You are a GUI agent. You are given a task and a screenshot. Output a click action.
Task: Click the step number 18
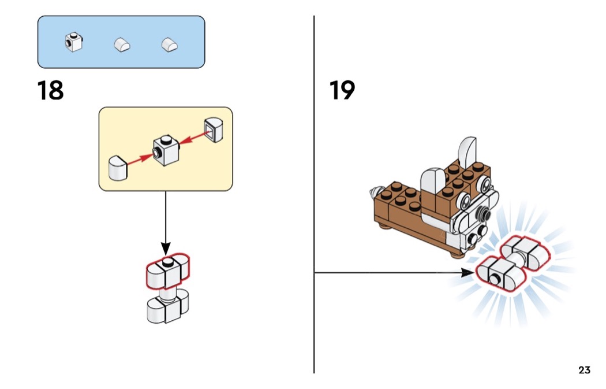pyautogui.click(x=51, y=91)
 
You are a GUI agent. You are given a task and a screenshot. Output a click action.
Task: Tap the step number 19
pyautogui.click(x=342, y=91)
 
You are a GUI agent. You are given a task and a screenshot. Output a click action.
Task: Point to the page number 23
pyautogui.click(x=584, y=370)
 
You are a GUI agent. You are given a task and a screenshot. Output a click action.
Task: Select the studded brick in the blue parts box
pyautogui.click(x=73, y=43)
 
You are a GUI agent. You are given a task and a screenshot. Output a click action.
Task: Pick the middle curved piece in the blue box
pyautogui.click(x=122, y=45)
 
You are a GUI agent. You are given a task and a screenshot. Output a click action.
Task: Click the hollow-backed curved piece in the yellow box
pyautogui.click(x=213, y=131)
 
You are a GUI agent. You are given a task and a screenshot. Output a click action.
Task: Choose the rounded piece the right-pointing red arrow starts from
pyautogui.click(x=118, y=168)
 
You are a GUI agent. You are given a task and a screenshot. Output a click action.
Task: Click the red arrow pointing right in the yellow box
pyautogui.click(x=139, y=160)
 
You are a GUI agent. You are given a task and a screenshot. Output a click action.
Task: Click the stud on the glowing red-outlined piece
pyautogui.click(x=495, y=280)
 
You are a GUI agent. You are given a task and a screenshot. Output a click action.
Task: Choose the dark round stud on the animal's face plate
pyautogui.click(x=473, y=238)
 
